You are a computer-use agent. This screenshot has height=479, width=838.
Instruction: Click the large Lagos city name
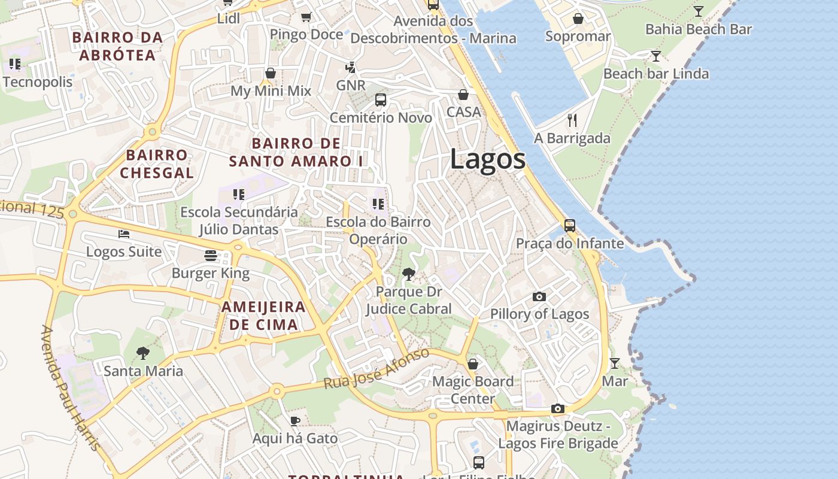[x=487, y=159]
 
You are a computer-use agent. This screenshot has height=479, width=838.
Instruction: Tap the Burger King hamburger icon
[x=210, y=256]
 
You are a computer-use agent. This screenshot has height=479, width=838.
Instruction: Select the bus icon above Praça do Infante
[x=569, y=226]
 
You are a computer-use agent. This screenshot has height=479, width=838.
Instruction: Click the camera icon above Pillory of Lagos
[x=539, y=296]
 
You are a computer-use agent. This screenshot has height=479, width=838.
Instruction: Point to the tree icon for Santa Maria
[x=143, y=353]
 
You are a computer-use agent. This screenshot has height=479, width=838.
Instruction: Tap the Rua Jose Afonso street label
[x=377, y=368]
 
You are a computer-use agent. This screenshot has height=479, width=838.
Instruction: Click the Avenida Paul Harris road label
[x=71, y=389]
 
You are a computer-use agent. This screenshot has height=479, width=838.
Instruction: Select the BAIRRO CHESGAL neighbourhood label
[x=157, y=164]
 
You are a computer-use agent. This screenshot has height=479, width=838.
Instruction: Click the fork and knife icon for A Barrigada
[x=572, y=120]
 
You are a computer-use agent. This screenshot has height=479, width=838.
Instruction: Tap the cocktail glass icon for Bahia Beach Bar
[x=698, y=11]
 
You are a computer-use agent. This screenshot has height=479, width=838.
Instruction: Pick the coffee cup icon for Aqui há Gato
[x=294, y=421]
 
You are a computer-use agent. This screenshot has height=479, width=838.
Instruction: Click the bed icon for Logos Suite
[x=124, y=234]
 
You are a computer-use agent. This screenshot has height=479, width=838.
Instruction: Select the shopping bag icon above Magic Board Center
[x=473, y=364]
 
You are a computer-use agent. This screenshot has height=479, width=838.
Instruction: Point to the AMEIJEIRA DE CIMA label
[x=263, y=316]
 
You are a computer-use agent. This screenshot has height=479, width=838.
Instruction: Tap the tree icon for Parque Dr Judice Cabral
[x=409, y=274]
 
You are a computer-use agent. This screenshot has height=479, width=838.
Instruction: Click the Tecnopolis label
[x=38, y=82]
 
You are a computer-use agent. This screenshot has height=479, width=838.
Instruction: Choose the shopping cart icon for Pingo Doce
[x=306, y=17]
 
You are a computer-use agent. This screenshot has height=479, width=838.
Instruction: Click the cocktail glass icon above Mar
[x=614, y=363]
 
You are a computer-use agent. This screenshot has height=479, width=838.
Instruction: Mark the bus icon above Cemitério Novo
[x=380, y=100]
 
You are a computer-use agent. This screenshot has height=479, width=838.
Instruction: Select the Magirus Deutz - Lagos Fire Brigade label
[x=558, y=435]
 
